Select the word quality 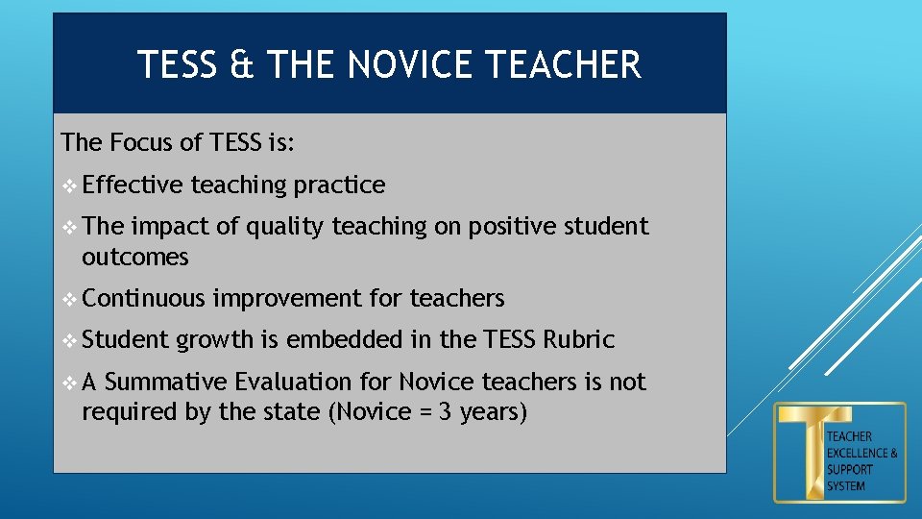285,227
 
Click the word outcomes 135,257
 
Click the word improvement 286,299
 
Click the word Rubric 578,339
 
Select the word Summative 162,382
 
